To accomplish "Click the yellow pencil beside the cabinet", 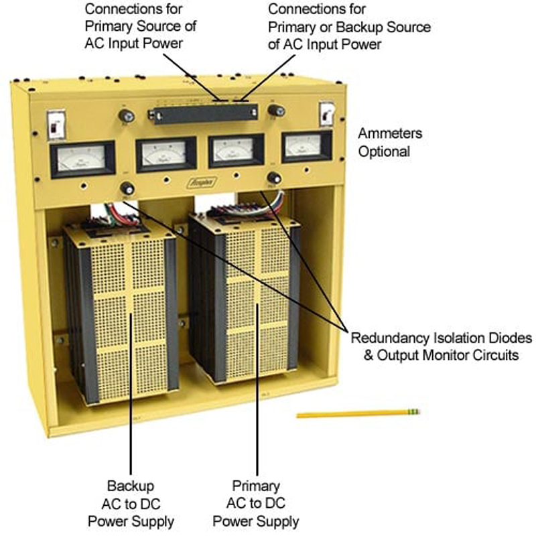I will [x=355, y=413].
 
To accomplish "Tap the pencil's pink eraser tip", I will [x=417, y=410].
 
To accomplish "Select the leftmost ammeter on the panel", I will [x=82, y=158].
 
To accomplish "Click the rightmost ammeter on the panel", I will [x=306, y=146].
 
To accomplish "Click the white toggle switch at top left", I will [x=56, y=123].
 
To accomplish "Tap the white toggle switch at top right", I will [x=326, y=114].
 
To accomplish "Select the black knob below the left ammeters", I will [x=125, y=188].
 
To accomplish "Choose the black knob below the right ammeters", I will [x=273, y=178].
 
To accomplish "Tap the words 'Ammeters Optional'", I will [x=384, y=142].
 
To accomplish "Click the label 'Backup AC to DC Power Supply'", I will [x=131, y=503].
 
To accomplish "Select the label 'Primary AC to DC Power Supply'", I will [x=256, y=503].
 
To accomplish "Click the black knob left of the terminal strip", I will [x=125, y=116].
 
